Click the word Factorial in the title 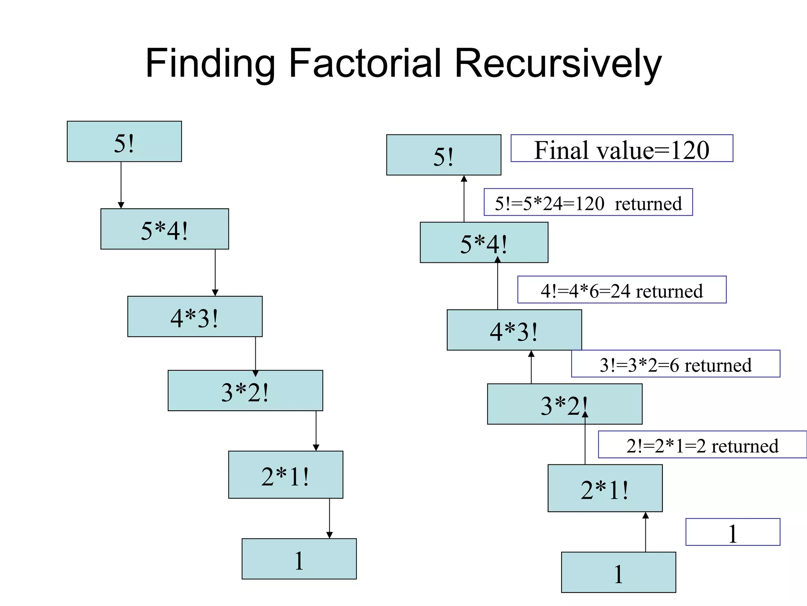365,63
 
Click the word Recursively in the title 558,63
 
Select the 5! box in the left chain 124,142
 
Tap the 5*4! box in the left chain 164,229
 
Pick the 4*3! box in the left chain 195,317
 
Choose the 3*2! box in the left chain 245,391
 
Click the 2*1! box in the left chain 285,475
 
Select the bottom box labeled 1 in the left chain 299,559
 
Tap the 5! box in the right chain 443,155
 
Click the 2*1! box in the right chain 605,488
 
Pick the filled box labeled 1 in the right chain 618,572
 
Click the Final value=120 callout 621,148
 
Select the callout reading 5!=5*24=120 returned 588,202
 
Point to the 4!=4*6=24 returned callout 621,290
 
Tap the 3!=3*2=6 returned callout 675,364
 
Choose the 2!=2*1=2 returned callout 702,445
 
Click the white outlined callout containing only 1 733,532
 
